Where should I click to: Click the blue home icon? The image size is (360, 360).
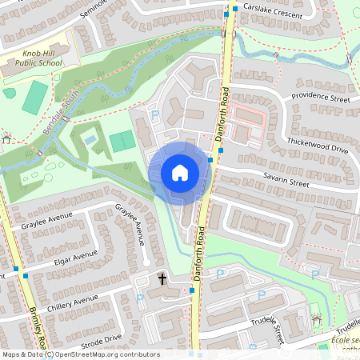180,173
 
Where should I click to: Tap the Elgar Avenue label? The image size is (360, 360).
73,258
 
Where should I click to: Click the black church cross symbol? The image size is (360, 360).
162,279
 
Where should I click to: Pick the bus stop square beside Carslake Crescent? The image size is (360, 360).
226,14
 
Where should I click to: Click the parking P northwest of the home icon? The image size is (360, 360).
155,116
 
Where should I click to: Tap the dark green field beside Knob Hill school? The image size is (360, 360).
34,98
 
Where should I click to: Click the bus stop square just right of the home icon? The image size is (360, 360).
210,160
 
